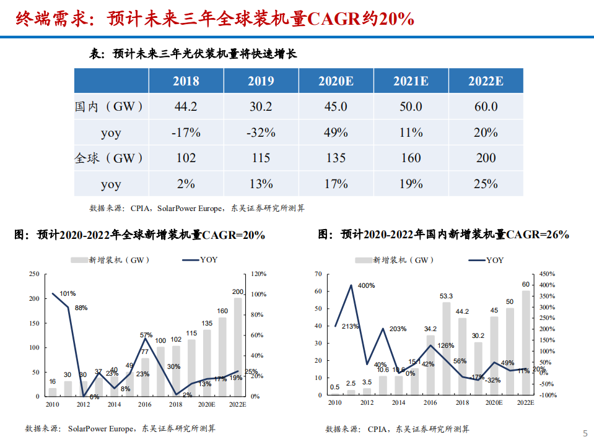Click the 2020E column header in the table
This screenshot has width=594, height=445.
[336, 81]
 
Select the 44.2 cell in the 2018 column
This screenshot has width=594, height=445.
[186, 106]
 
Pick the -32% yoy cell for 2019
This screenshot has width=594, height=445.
[261, 132]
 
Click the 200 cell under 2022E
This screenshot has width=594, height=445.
[486, 158]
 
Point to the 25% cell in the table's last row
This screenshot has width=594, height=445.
[486, 184]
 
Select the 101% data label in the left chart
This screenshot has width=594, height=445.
[68, 293]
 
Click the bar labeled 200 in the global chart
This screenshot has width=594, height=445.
[238, 347]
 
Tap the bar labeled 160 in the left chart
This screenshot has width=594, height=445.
[222, 356]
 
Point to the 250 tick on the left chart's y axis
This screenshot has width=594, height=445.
[34, 274]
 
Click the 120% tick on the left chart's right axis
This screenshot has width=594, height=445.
[258, 274]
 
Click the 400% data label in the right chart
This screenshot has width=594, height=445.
[367, 285]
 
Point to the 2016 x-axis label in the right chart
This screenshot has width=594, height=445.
[430, 402]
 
